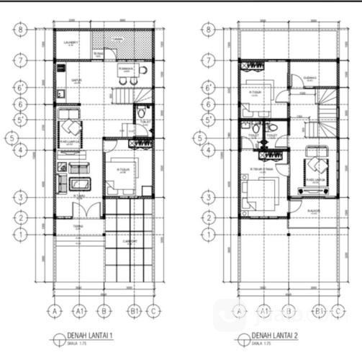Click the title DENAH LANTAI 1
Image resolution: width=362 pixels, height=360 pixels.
[91, 336]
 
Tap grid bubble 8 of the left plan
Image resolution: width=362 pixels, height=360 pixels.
[22, 30]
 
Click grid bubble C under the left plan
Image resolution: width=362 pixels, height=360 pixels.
[153, 311]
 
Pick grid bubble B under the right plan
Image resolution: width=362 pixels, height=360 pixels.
[290, 311]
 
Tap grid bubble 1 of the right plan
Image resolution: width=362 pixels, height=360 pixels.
[208, 233]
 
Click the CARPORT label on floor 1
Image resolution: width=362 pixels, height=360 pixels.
[130, 241]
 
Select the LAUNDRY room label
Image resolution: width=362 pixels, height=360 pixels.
[71, 42]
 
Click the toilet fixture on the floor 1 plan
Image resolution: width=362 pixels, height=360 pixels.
[142, 113]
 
